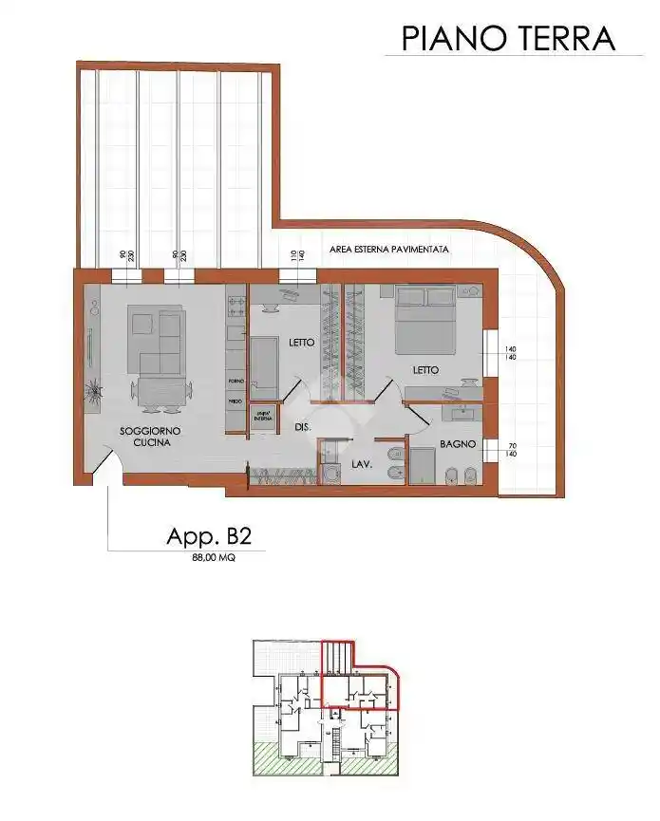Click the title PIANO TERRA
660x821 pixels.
pyautogui.click(x=508, y=38)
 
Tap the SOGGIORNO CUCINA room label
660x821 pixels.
pyautogui.click(x=150, y=437)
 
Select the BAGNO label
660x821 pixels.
pyautogui.click(x=456, y=444)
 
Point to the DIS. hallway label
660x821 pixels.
pyautogui.click(x=303, y=428)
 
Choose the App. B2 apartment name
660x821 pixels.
pyautogui.click(x=209, y=536)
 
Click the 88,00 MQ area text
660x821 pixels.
pyautogui.click(x=214, y=559)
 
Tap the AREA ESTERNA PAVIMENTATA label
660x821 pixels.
pyautogui.click(x=388, y=250)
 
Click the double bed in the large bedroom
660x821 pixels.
pyautogui.click(x=424, y=320)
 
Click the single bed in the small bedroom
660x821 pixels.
pyautogui.click(x=264, y=368)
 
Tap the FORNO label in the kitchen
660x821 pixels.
pyautogui.click(x=236, y=382)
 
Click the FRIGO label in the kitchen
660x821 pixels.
pyautogui.click(x=236, y=402)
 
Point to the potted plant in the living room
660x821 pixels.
pyautogui.click(x=94, y=388)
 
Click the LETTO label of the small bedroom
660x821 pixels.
pyautogui.click(x=301, y=343)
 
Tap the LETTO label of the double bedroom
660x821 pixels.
pyautogui.click(x=424, y=370)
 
